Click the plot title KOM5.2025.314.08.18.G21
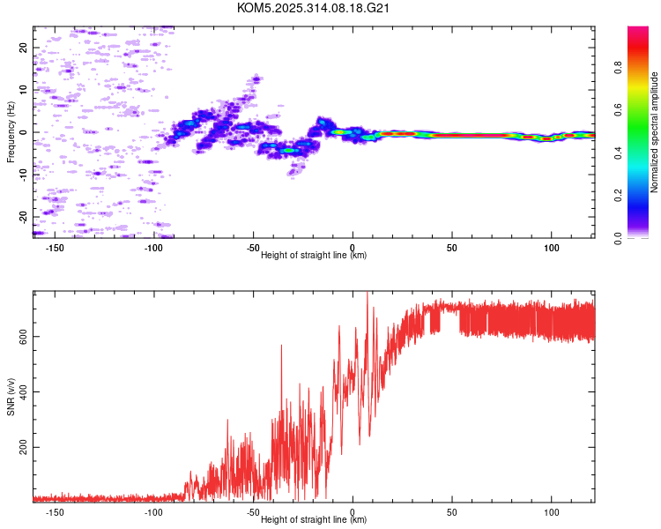314,8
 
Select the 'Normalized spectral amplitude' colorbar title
655,132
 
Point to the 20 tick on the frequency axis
23,48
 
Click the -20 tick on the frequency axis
23,216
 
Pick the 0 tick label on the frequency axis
23,132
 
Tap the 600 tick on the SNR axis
23,336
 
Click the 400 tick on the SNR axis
23,391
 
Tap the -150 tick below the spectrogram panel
54,248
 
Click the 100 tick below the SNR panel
552,512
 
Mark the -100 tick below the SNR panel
153,512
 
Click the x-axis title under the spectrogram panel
314,256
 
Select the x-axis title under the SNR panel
314,520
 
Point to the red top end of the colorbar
638,30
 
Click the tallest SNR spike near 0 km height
368,294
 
